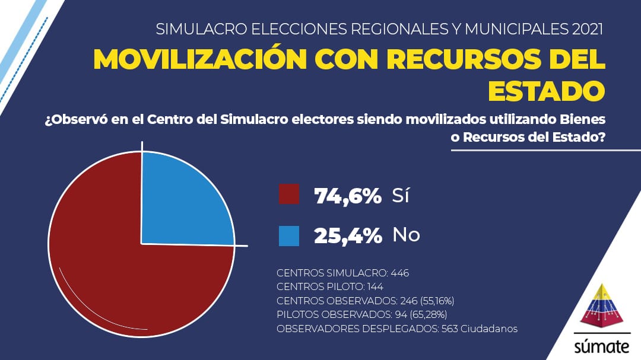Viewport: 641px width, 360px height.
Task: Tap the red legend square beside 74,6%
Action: tap(289, 195)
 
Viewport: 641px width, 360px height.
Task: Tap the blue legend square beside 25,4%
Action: tap(289, 235)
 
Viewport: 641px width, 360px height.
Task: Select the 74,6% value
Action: tap(348, 195)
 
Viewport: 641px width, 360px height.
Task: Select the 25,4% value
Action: tap(348, 235)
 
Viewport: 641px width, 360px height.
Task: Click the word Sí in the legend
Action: tap(401, 195)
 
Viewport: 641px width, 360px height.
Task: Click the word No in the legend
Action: tap(406, 235)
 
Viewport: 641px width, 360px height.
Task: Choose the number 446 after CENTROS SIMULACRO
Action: tap(400, 273)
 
